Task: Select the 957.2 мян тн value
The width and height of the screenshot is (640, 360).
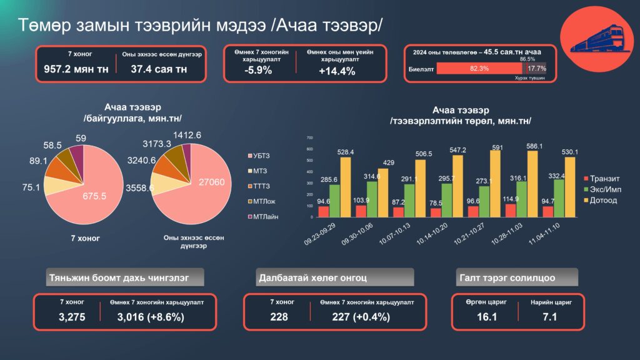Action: (76, 69)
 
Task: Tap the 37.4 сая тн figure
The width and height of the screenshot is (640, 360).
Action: (159, 69)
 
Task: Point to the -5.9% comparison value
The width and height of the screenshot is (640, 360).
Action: (258, 71)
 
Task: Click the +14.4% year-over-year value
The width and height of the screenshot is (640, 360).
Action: (337, 71)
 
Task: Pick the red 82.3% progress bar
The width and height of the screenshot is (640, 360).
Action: (479, 69)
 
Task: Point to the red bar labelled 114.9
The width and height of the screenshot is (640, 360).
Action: (511, 211)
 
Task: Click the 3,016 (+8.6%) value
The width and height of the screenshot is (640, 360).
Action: (151, 317)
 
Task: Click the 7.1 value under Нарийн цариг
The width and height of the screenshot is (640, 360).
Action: (550, 317)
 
